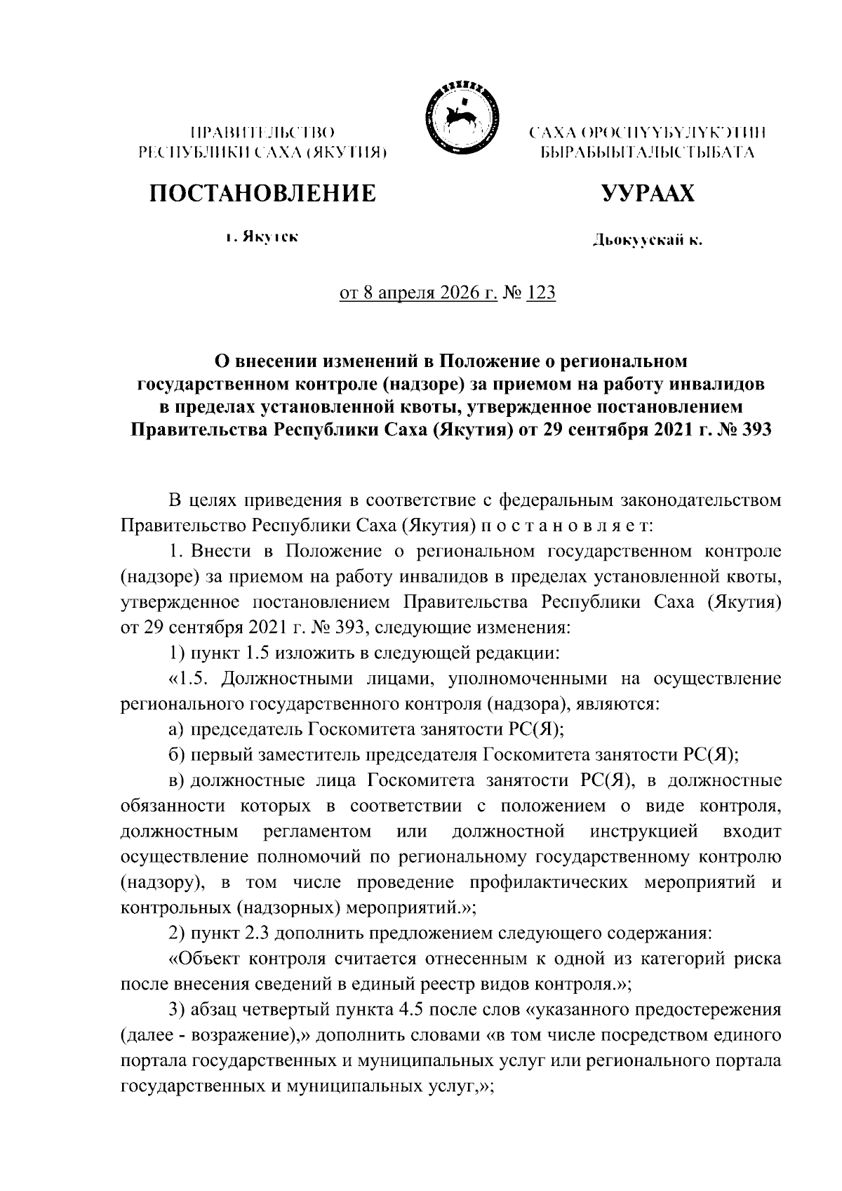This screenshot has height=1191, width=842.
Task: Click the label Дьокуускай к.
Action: pyautogui.click(x=647, y=241)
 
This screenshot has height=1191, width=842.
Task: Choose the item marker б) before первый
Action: pyautogui.click(x=177, y=754)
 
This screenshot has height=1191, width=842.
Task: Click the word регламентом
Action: pyautogui.click(x=318, y=831)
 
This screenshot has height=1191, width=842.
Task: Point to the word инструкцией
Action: pyautogui.click(x=645, y=831)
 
